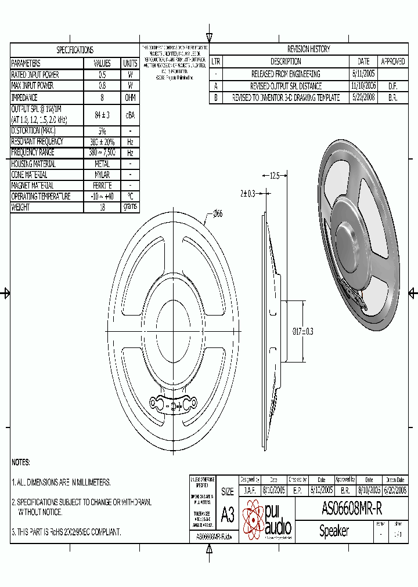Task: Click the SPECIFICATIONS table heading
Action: click(75, 50)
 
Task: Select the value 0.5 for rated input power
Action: click(102, 75)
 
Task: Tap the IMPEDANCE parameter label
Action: click(24, 97)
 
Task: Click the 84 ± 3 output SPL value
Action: click(102, 115)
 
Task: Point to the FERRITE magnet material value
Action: click(102, 186)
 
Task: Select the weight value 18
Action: click(102, 208)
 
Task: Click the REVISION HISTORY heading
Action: click(308, 49)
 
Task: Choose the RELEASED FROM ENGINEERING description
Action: click(286, 74)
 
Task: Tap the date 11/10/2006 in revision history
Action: click(363, 86)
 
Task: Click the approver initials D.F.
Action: click(392, 86)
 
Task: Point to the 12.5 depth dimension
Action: click(275, 176)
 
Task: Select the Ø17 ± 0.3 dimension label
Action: click(302, 331)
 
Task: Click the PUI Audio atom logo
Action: click(253, 520)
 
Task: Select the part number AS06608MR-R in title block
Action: click(352, 509)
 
